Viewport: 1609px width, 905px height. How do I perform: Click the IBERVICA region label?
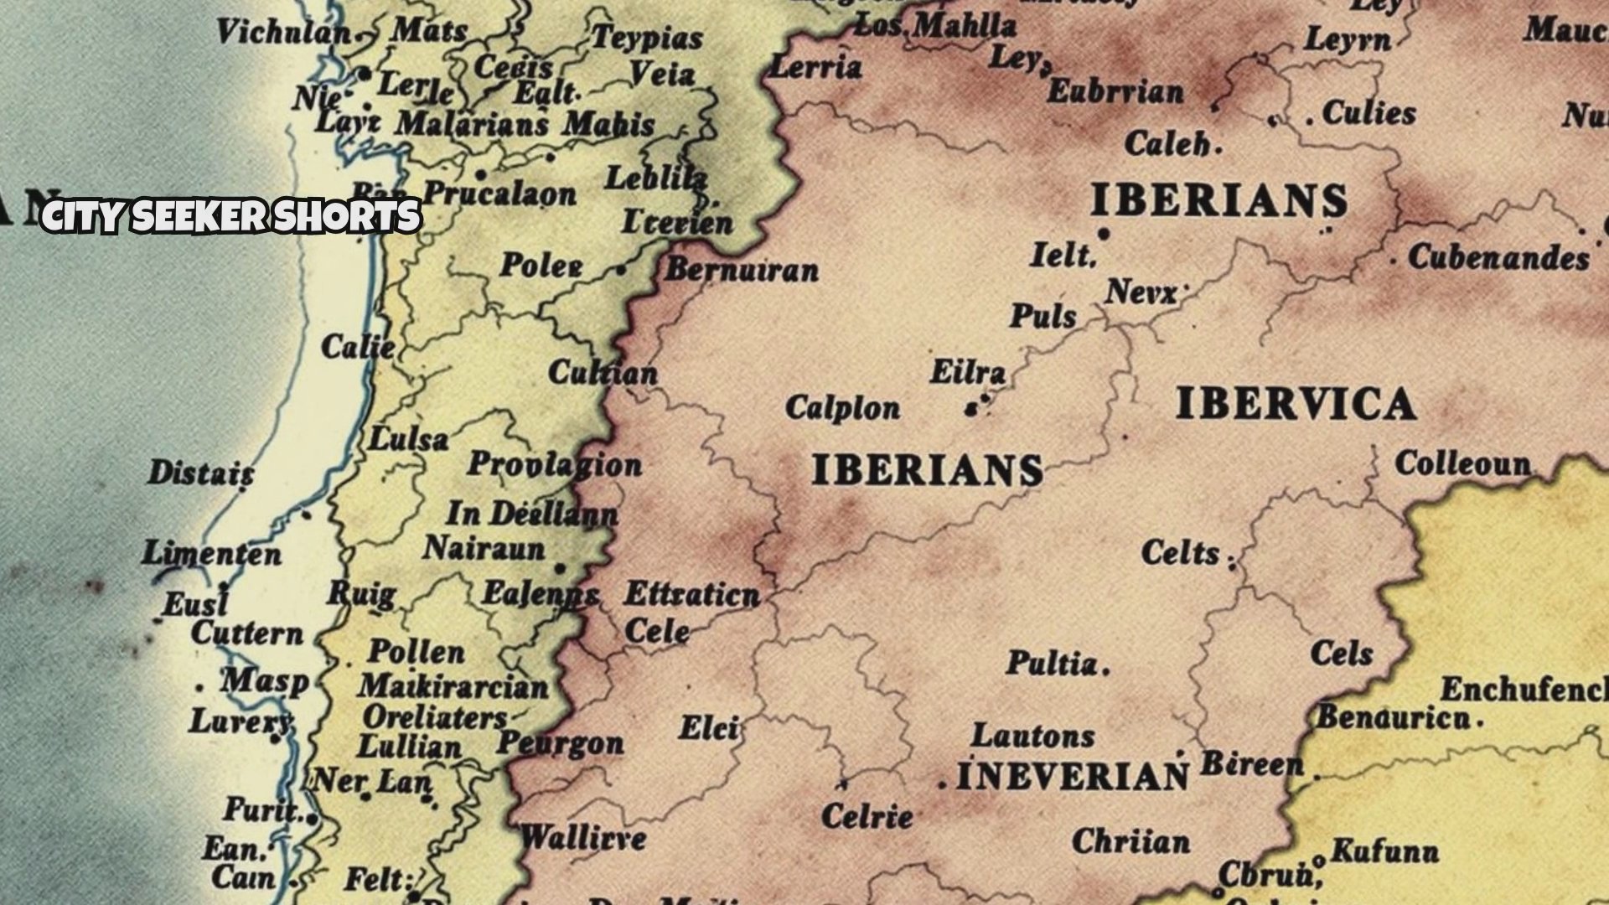tap(1296, 405)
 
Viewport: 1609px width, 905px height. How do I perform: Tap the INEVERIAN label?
tap(1072, 777)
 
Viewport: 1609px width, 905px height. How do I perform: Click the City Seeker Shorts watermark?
tap(230, 216)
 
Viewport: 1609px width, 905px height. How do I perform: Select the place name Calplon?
tap(842, 408)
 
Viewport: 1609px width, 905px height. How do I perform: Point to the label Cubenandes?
tap(1498, 257)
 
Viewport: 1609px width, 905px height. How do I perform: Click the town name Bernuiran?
tap(742, 270)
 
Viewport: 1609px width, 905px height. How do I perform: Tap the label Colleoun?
tap(1462, 463)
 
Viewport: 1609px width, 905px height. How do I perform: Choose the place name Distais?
tap(201, 473)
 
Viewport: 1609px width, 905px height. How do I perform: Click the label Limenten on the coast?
tap(211, 554)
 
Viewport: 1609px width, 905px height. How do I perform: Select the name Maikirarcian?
tap(453, 687)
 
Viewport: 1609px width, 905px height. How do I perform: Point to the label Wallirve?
tap(583, 837)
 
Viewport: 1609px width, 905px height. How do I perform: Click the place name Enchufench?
tap(1524, 690)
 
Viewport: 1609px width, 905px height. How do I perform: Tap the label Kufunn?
tap(1384, 851)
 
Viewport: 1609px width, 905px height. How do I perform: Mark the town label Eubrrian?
tap(1115, 91)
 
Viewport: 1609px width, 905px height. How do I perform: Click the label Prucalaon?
tap(499, 194)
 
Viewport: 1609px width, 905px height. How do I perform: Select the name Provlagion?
tap(554, 464)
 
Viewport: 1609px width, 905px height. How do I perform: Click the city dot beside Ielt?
tap(1104, 235)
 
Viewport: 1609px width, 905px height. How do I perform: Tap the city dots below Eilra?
tap(974, 407)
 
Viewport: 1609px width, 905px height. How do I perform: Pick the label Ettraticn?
tap(692, 595)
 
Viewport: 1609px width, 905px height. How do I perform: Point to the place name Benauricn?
tap(1394, 718)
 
